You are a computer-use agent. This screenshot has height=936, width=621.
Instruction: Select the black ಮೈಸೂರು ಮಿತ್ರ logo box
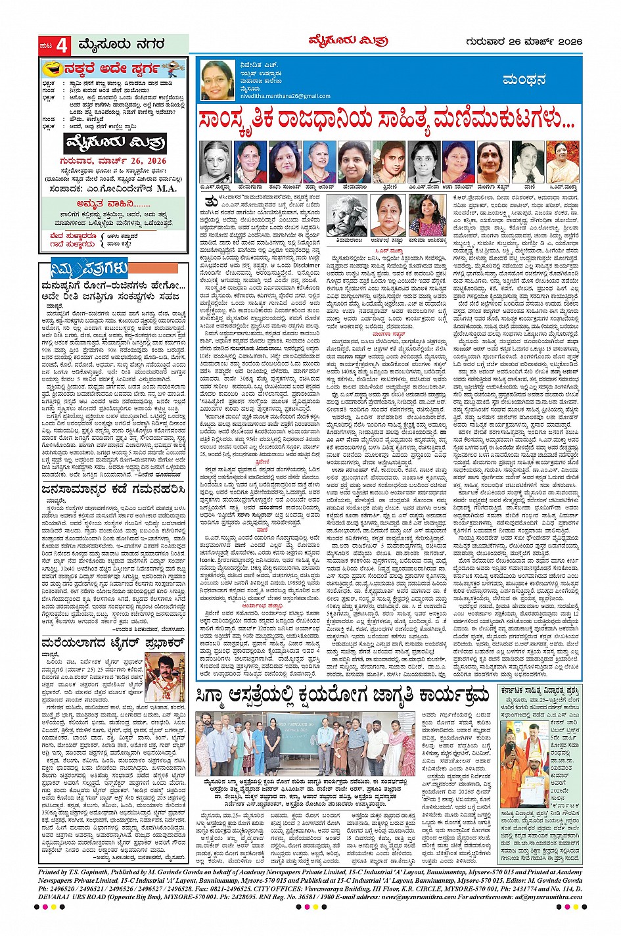[115, 143]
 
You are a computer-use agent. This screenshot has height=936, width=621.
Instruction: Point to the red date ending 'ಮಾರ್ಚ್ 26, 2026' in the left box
[115, 160]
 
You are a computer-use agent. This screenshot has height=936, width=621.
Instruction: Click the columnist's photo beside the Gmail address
[217, 80]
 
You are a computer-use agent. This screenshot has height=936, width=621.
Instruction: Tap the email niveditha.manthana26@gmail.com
[285, 96]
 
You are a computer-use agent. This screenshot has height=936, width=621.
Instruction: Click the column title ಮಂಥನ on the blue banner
[524, 80]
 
